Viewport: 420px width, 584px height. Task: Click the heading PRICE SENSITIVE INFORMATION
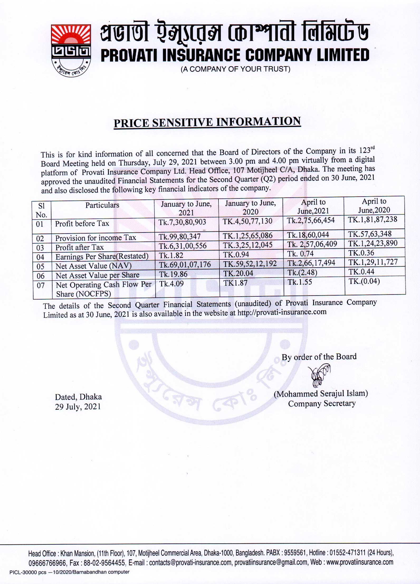(x=207, y=122)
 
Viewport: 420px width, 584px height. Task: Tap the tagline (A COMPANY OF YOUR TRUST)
(x=235, y=69)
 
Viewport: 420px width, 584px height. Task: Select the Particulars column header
(x=102, y=205)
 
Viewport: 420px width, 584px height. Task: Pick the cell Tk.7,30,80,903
(x=182, y=222)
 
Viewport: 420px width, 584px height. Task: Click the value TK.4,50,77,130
(x=247, y=221)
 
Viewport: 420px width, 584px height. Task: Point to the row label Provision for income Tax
(x=96, y=238)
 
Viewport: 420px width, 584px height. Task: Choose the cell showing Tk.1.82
(x=171, y=255)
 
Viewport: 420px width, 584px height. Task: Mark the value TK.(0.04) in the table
(x=364, y=281)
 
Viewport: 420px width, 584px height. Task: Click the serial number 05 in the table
(x=40, y=266)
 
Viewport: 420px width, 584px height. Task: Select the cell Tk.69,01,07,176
(x=185, y=264)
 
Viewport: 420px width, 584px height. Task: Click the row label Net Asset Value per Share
(x=97, y=276)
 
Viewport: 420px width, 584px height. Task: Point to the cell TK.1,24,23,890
(x=373, y=243)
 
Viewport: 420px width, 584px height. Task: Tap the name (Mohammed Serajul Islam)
(x=321, y=393)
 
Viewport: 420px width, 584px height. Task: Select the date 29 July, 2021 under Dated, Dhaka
(x=78, y=406)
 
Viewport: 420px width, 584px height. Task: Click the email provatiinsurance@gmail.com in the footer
(x=271, y=562)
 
